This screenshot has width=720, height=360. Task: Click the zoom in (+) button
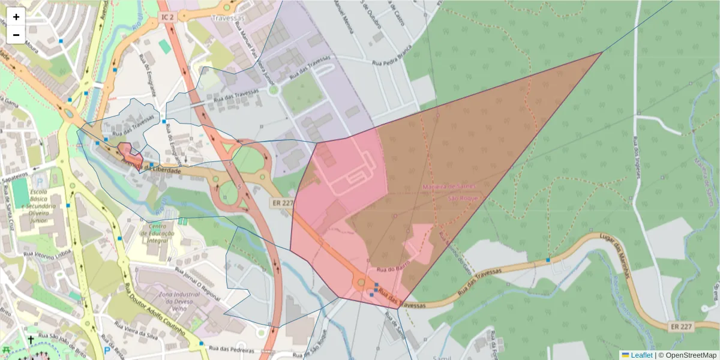(x=16, y=17)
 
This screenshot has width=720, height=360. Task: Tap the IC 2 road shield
(x=167, y=17)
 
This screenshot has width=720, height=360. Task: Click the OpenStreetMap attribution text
(x=691, y=355)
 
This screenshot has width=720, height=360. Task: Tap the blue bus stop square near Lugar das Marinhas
(x=548, y=260)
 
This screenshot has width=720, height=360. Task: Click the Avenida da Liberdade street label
(x=152, y=167)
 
